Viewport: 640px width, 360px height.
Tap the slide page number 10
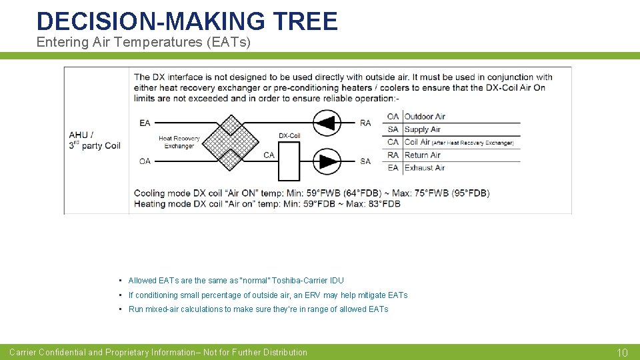click(622, 353)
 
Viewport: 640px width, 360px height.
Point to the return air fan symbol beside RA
click(327, 123)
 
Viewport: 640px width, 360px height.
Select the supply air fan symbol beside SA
click(327, 161)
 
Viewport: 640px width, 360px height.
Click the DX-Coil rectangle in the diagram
click(289, 161)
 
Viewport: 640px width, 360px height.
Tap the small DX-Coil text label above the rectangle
click(289, 135)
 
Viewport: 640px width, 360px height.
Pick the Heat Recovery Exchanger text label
click(179, 142)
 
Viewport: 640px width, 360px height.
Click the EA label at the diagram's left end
click(145, 123)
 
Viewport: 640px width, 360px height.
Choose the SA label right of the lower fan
click(365, 161)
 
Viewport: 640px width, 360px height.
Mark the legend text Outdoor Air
click(425, 117)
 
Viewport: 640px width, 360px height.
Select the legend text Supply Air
click(423, 129)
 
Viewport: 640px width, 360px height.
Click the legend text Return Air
click(423, 155)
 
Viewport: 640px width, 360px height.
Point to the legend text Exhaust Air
click(425, 167)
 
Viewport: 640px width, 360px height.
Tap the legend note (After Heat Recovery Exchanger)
click(472, 143)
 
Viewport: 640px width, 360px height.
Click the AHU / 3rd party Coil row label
click(95, 140)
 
